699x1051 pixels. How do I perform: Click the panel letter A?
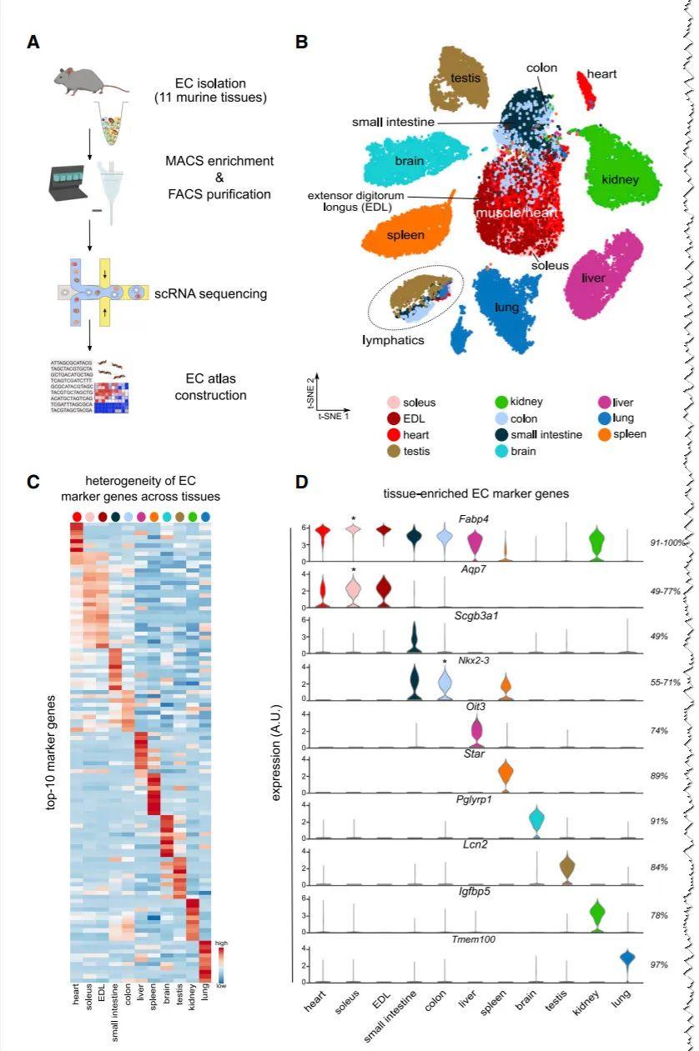click(x=33, y=42)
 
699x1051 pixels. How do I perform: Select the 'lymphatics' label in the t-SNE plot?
click(x=392, y=340)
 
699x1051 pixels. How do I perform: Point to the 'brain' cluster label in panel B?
click(x=409, y=162)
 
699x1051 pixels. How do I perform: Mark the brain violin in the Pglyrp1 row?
click(x=536, y=820)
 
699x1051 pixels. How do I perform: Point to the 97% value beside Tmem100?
click(x=660, y=963)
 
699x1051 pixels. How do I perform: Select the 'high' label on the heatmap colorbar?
click(x=220, y=943)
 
